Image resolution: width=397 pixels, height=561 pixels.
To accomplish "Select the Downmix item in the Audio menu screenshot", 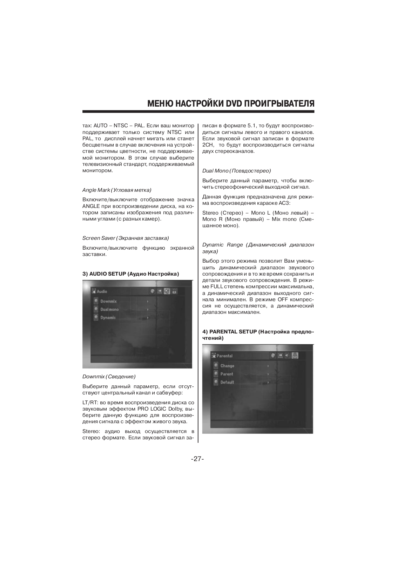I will tap(108, 301).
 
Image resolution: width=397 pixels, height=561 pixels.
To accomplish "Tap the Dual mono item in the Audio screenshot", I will tap(109, 309).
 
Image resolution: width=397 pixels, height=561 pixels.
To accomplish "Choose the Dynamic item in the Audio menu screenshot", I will tap(108, 317).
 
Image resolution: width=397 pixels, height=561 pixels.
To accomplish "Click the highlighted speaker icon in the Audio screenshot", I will tap(167, 291).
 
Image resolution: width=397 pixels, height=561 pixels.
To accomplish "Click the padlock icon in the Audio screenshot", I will tap(174, 291).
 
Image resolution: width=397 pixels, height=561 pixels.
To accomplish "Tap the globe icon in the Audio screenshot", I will tap(152, 291).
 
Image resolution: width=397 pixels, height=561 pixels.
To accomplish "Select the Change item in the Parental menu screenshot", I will tap(227, 366).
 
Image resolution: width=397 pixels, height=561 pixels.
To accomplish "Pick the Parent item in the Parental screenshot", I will tap(227, 374).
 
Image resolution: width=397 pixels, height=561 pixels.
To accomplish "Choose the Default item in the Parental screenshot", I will tap(227, 382).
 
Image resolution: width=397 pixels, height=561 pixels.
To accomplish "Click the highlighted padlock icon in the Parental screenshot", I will tap(295, 356).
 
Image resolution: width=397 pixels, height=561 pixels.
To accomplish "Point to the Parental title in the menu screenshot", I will tap(224, 356).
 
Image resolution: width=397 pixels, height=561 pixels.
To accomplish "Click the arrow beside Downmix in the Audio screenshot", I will tap(148, 301).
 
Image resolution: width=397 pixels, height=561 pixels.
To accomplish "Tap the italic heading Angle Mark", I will tap(96, 190).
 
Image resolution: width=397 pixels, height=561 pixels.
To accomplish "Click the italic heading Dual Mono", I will tap(215, 171).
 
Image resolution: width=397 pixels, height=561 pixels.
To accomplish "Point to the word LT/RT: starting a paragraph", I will tap(89, 403).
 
